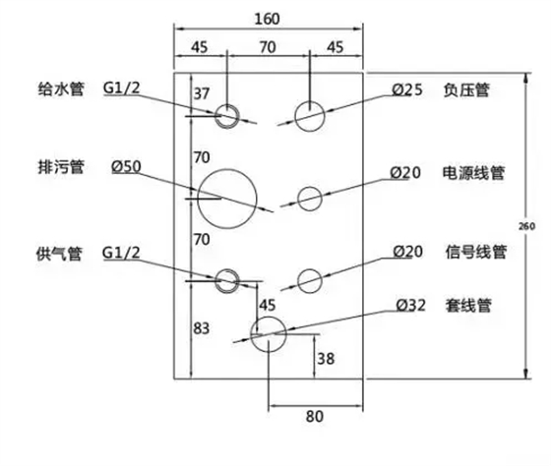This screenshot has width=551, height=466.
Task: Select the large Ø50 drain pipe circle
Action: click(x=227, y=196)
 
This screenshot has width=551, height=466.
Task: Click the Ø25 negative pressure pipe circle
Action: click(x=309, y=116)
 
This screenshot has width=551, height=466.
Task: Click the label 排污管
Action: click(x=48, y=168)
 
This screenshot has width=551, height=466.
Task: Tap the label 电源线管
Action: click(x=473, y=173)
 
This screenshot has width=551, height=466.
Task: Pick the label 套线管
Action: click(x=467, y=306)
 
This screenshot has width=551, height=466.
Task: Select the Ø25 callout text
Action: click(x=406, y=90)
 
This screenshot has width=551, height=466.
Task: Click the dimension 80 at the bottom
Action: click(x=314, y=417)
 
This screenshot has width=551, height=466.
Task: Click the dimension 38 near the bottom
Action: click(x=325, y=360)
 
